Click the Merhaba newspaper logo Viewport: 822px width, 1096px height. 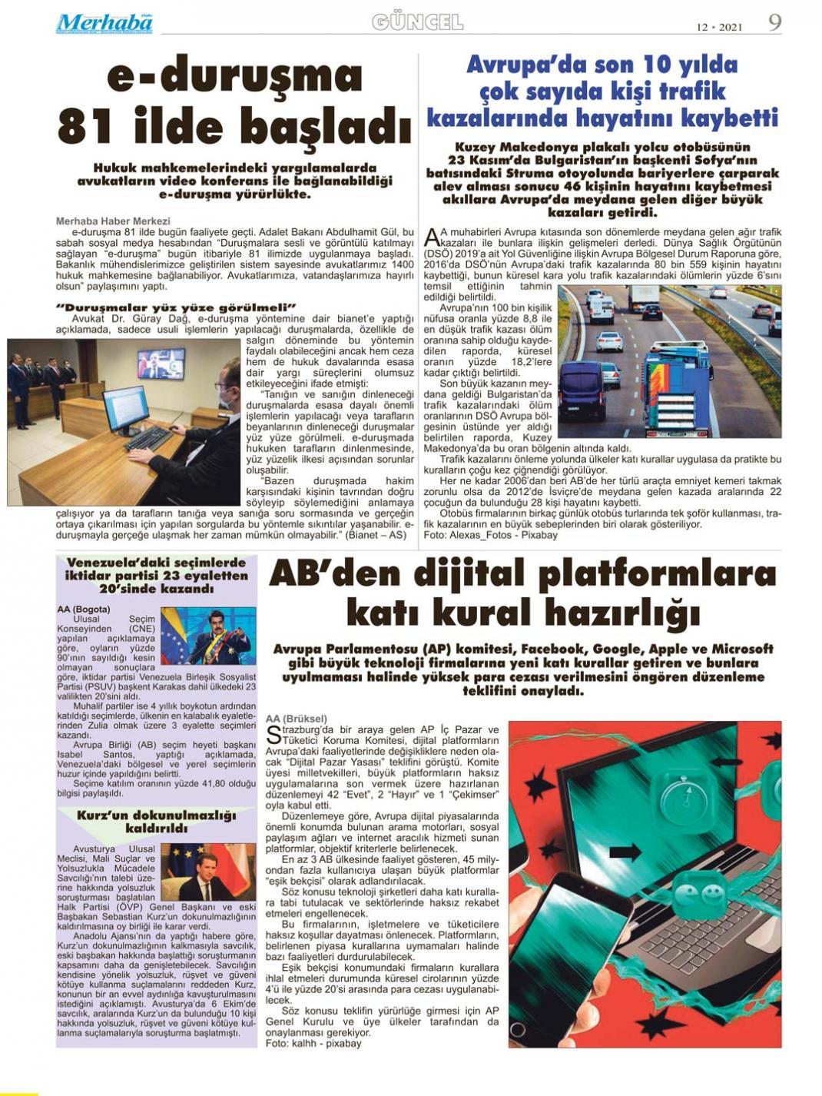point(104,23)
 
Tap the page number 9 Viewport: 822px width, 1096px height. point(774,23)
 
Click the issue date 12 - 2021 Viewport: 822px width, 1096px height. point(719,27)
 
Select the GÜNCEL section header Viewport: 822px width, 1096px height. point(418,22)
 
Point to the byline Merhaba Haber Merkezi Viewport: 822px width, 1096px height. point(113,221)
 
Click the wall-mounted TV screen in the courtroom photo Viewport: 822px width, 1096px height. point(160,363)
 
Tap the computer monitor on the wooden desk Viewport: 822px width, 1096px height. point(124,409)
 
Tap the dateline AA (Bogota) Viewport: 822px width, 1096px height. point(84,609)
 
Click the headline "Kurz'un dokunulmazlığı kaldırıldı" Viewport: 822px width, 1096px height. point(156,822)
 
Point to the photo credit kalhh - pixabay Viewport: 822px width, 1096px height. point(313,1044)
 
